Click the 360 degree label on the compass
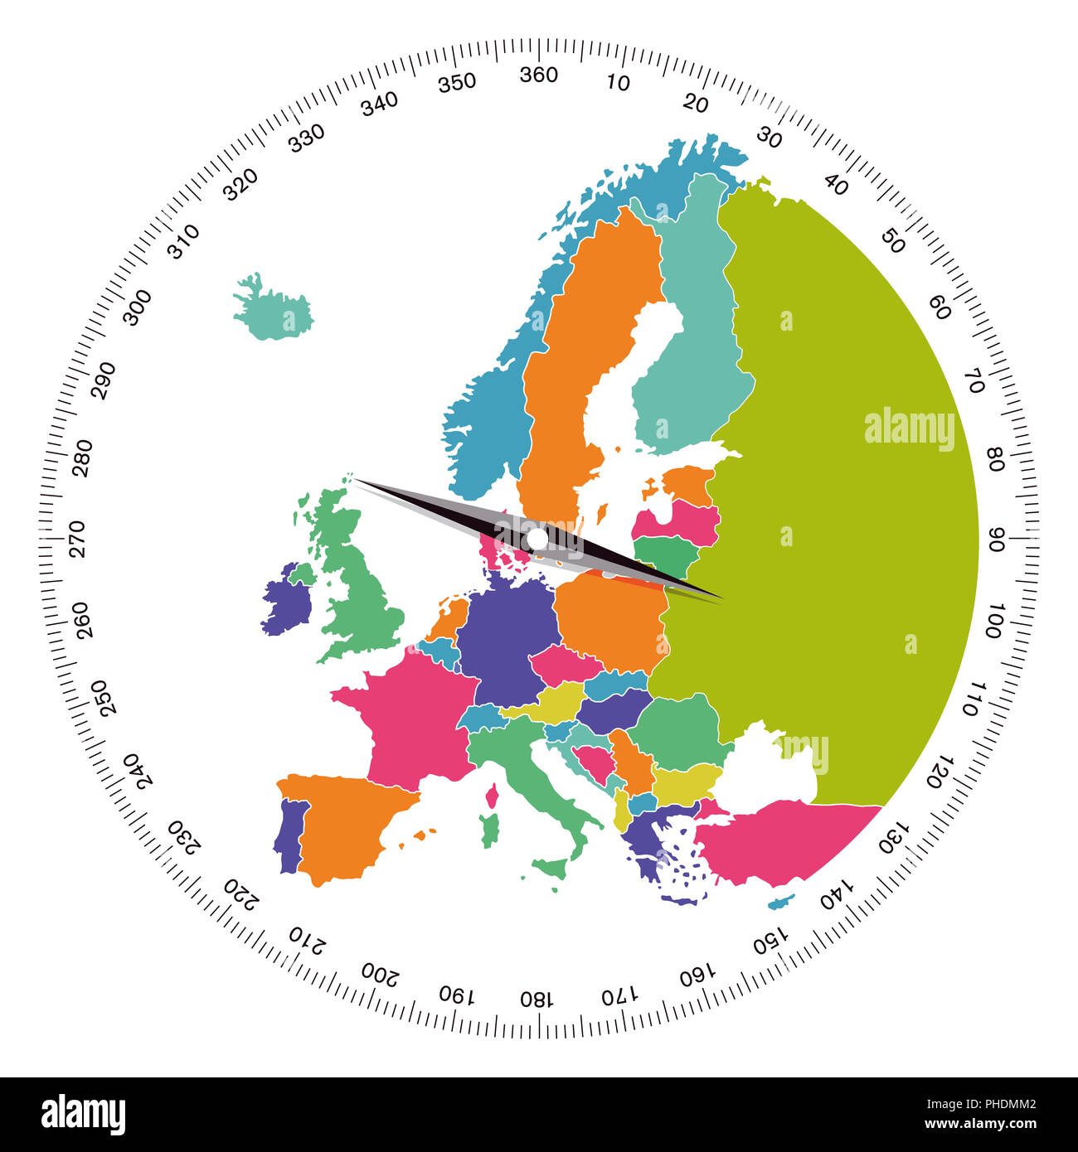[x=538, y=75]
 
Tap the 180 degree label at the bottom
[x=537, y=997]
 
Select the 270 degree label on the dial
[x=77, y=539]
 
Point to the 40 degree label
[x=836, y=186]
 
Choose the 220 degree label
[x=242, y=893]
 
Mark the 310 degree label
[x=183, y=241]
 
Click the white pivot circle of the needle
[x=537, y=540]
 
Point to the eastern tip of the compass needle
[x=720, y=598]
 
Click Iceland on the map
[x=274, y=310]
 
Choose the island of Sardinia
[x=490, y=830]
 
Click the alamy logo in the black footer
[x=83, y=1115]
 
